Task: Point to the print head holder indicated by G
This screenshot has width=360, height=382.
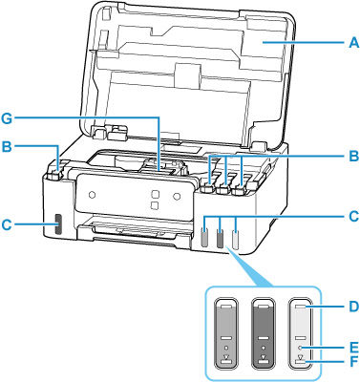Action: tap(158, 168)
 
